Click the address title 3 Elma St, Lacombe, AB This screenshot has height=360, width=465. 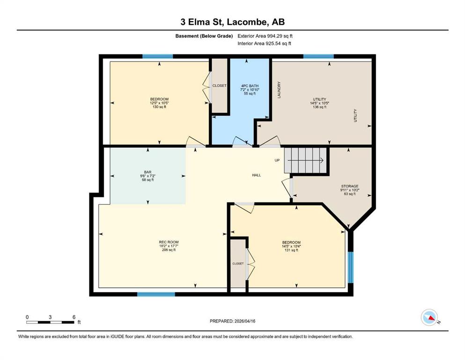(232, 22)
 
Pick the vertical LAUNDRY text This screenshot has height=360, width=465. (279, 90)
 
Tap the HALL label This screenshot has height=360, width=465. (257, 175)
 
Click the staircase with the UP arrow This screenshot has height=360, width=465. (305, 160)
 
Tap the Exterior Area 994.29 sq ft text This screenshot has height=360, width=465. (265, 36)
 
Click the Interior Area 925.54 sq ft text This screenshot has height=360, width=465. (264, 43)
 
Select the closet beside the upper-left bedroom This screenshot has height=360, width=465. (220, 85)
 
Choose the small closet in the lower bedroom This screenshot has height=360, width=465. (238, 263)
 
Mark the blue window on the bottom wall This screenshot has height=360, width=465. (156, 294)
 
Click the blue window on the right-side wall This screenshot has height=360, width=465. (351, 268)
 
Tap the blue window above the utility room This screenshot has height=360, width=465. (318, 56)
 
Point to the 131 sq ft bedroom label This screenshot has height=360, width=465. (291, 247)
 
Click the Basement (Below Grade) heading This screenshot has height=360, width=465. (204, 36)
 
